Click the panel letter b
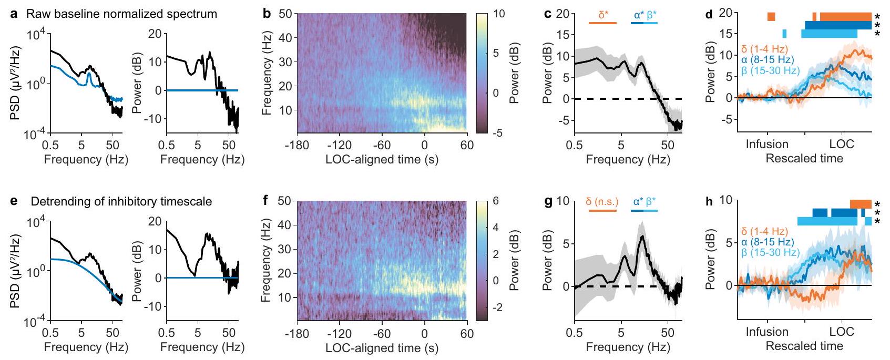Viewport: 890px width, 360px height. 267,14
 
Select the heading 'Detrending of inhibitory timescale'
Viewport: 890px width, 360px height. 121,201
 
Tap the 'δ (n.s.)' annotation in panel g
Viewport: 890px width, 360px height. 602,201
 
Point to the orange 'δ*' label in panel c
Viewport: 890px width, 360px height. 603,15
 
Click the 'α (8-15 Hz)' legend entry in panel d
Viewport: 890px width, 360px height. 768,60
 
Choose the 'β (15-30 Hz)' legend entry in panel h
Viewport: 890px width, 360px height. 770,253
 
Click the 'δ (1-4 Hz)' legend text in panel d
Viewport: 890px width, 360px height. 764,49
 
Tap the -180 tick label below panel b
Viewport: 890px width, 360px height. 298,146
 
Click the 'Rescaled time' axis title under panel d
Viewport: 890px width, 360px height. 804,159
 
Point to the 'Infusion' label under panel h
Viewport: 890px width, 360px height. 767,332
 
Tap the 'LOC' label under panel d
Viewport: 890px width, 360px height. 842,145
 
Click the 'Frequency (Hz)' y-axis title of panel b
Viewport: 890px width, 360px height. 267,73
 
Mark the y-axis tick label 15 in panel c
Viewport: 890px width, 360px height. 562,35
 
